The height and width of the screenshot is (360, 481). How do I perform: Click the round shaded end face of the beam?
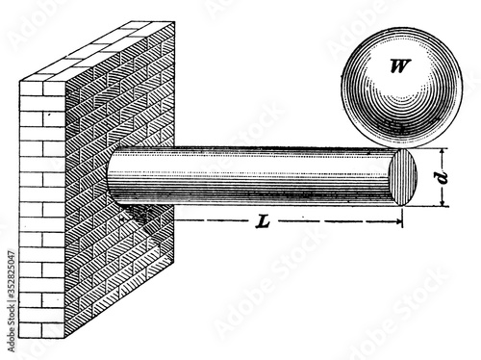pyautogui.click(x=403, y=178)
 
